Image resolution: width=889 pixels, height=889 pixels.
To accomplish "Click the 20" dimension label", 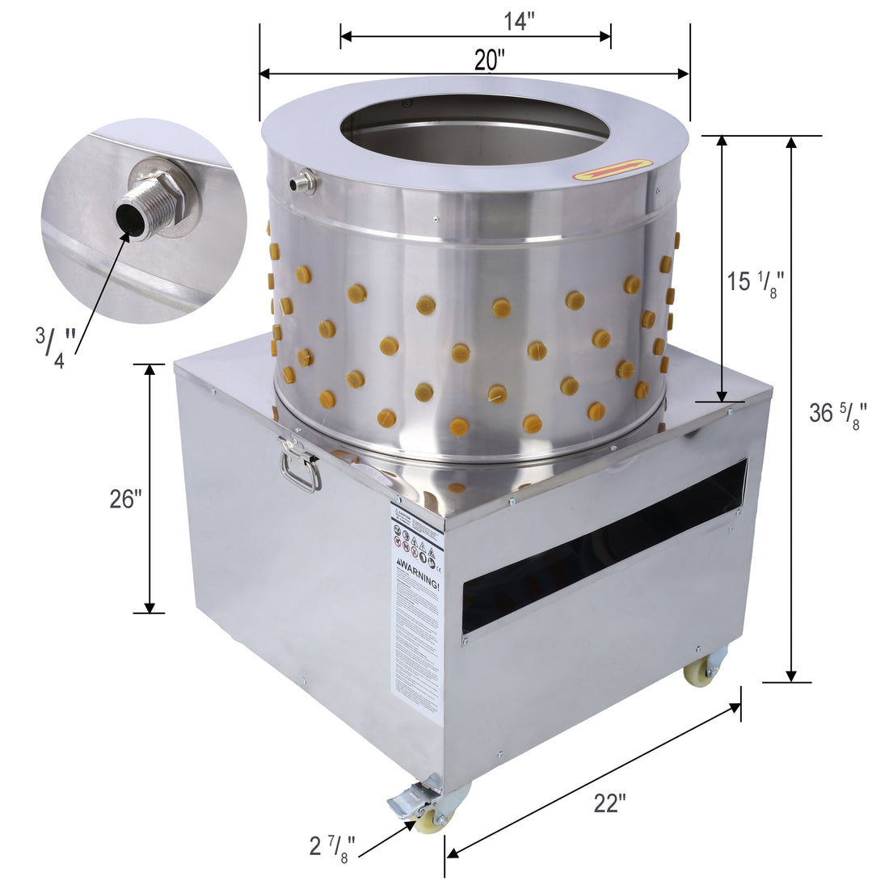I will (490, 60).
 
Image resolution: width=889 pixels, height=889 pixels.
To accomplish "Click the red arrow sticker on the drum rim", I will (613, 169).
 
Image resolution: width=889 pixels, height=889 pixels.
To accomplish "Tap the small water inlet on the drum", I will (304, 182).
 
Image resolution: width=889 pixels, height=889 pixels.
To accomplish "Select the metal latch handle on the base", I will (299, 468).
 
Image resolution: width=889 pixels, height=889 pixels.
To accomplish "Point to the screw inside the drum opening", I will (407, 104).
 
